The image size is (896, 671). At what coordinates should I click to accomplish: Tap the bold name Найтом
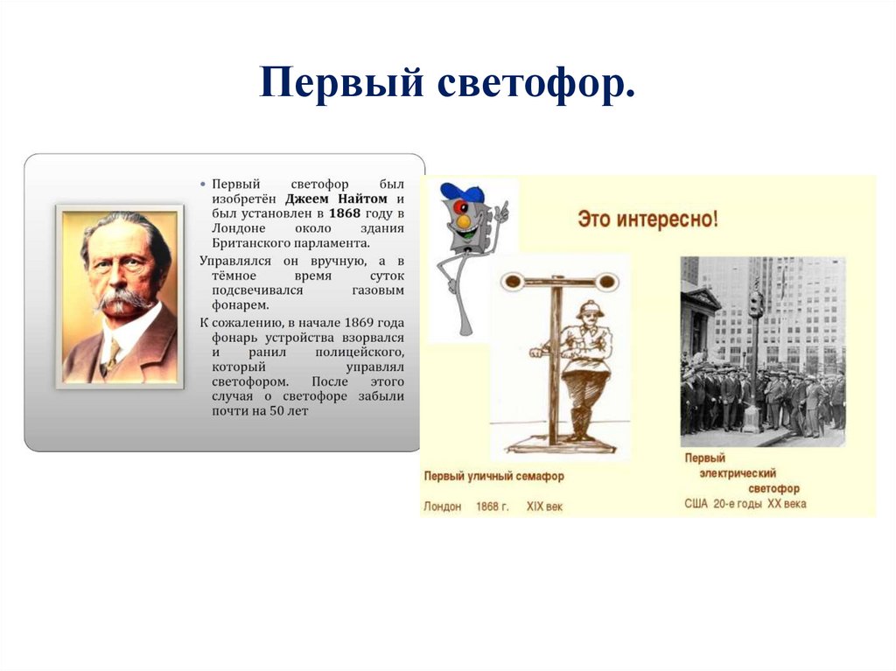click(362, 199)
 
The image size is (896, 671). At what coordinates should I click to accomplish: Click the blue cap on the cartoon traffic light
click(461, 192)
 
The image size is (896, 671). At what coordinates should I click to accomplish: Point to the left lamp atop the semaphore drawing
click(510, 281)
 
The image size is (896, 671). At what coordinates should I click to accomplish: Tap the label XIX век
click(544, 507)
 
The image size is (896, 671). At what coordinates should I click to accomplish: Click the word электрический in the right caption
click(738, 473)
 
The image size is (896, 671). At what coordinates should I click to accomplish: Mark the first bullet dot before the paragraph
click(203, 185)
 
